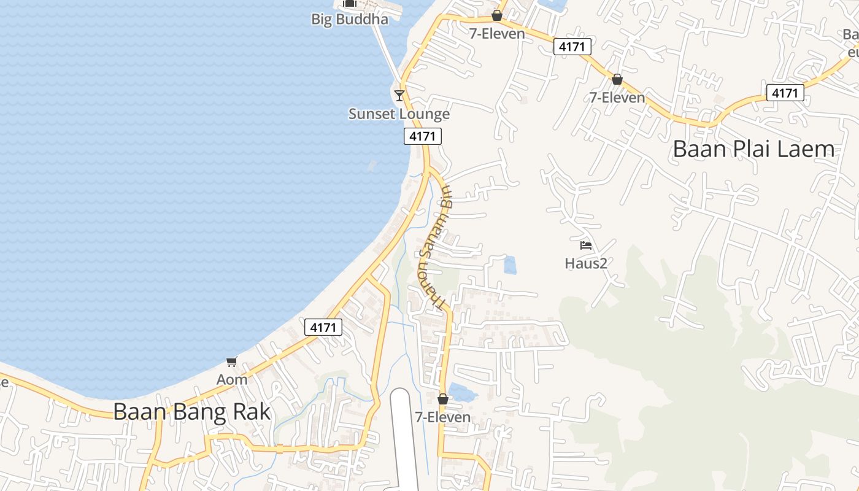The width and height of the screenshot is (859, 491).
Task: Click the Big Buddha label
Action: coord(350,19)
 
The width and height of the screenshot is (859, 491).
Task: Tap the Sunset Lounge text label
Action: coord(399,114)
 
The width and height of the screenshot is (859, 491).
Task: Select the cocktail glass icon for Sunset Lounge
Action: coord(399,95)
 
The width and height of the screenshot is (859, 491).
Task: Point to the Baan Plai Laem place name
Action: coord(753,149)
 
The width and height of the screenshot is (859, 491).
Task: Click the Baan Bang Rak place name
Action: coord(191,411)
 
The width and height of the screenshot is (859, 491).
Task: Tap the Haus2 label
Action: coord(586,263)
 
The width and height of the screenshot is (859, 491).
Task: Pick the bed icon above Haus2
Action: coord(586,245)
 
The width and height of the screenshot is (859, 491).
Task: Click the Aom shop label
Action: coord(232,379)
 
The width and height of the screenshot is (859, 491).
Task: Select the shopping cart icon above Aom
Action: coord(231,361)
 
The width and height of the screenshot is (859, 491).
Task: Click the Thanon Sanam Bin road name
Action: coord(433,245)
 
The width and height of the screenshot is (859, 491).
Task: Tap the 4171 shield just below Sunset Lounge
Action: coord(423,136)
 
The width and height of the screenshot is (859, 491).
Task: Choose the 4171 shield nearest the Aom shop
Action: coord(323,327)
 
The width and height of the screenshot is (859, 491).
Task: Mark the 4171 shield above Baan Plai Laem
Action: coord(785,93)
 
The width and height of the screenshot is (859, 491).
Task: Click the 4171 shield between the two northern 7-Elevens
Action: coord(572,46)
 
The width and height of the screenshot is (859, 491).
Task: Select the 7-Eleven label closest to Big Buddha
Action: coord(497,34)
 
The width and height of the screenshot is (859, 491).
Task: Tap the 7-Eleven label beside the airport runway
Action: coord(443,417)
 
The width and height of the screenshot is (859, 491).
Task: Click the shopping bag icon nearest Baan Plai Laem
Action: coord(617,79)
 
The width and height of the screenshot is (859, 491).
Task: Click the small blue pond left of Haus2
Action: coord(510,265)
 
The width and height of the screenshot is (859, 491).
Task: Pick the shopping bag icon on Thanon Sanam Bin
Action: coord(443,399)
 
